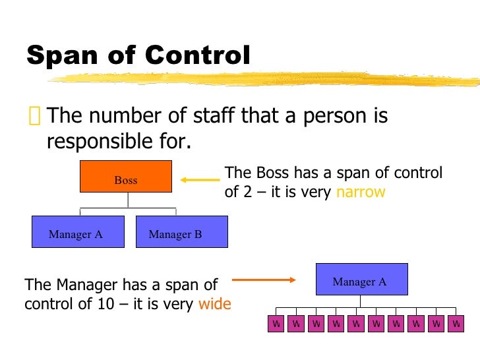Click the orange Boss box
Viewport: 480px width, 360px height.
point(125,177)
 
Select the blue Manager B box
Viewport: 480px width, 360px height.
point(181,231)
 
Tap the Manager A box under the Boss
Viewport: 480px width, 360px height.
point(78,231)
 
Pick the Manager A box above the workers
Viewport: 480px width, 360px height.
point(361,280)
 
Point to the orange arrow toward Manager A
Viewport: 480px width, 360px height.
point(264,280)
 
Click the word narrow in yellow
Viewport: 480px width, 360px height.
point(361,193)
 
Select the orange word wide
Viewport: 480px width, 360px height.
point(214,305)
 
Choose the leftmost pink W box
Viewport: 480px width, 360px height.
point(276,324)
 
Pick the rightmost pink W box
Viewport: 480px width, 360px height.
point(456,324)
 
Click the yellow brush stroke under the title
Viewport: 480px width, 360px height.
point(264,80)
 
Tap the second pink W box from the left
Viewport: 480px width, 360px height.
point(296,324)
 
